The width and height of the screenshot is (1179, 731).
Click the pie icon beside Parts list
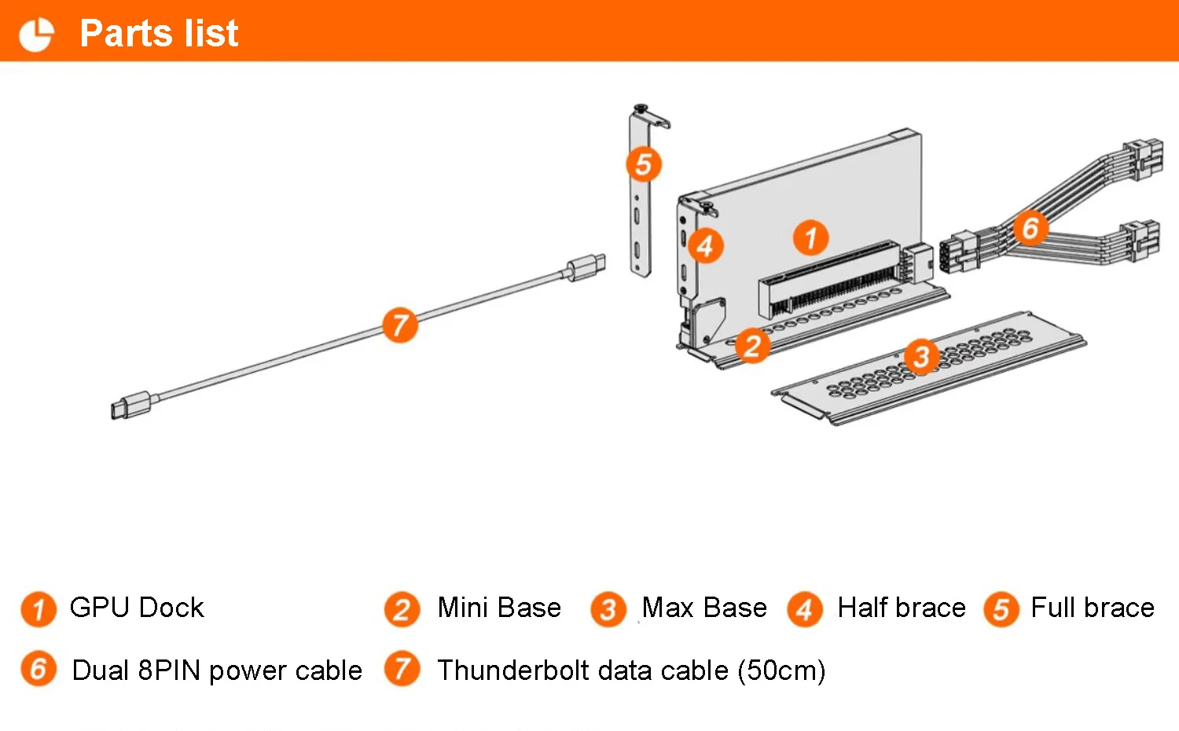coord(36,34)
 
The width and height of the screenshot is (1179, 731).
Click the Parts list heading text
coord(159,33)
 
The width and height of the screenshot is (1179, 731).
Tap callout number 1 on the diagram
coord(810,237)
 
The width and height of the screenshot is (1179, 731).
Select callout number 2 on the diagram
coord(752,346)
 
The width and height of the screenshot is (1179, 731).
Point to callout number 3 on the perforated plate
coord(921,357)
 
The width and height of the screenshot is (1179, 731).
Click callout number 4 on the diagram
coord(705,246)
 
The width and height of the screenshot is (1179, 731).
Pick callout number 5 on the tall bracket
coord(644,164)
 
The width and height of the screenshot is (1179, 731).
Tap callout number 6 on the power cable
coord(1030,228)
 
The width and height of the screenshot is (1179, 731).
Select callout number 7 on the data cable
coord(400,325)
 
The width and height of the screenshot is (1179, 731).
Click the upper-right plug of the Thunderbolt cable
coord(586,266)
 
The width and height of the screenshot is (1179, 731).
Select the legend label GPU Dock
coord(137,608)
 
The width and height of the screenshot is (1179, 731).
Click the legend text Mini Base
coord(499,608)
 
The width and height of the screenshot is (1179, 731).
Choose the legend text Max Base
coord(704,608)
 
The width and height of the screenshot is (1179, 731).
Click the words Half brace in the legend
coord(902,608)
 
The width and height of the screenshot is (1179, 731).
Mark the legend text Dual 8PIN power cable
coord(217,670)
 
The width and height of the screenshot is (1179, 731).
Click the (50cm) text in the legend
coord(781,670)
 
